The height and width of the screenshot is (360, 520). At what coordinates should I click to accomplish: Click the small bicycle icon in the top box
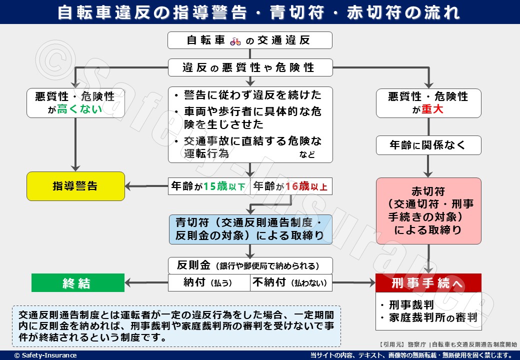pyautogui.click(x=235, y=41)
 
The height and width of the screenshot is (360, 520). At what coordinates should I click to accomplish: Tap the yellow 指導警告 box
pyautogui.click(x=75, y=186)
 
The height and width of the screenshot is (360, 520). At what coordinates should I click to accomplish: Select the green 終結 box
pyautogui.click(x=78, y=283)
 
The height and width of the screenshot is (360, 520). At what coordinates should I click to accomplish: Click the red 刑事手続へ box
pyautogui.click(x=428, y=283)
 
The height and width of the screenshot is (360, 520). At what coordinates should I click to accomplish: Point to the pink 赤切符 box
pyautogui.click(x=428, y=210)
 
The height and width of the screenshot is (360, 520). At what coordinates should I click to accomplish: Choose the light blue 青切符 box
pyautogui.click(x=250, y=229)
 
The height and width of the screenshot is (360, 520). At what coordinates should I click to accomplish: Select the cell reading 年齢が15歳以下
pyautogui.click(x=208, y=186)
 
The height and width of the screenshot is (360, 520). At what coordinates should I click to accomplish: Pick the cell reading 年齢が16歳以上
pyautogui.click(x=291, y=186)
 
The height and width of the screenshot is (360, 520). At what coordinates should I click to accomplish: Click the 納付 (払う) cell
pyautogui.click(x=208, y=282)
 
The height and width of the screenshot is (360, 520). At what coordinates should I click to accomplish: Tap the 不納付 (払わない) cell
pyautogui.click(x=291, y=282)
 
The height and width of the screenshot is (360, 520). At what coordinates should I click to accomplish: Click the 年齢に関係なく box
pyautogui.click(x=428, y=145)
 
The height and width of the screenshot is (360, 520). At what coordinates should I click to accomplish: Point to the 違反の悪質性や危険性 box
pyautogui.click(x=250, y=67)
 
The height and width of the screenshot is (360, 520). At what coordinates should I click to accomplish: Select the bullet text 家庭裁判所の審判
pyautogui.click(x=431, y=317)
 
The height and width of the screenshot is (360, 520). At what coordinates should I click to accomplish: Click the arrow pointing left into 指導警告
pyautogui.click(x=145, y=186)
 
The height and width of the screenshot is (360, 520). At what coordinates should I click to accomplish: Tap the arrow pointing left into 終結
pyautogui.click(x=145, y=283)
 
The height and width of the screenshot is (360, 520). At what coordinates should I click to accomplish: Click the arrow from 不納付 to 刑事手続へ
pyautogui.click(x=354, y=283)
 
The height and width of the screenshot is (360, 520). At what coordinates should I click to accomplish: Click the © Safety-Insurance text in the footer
pyautogui.click(x=45, y=355)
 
